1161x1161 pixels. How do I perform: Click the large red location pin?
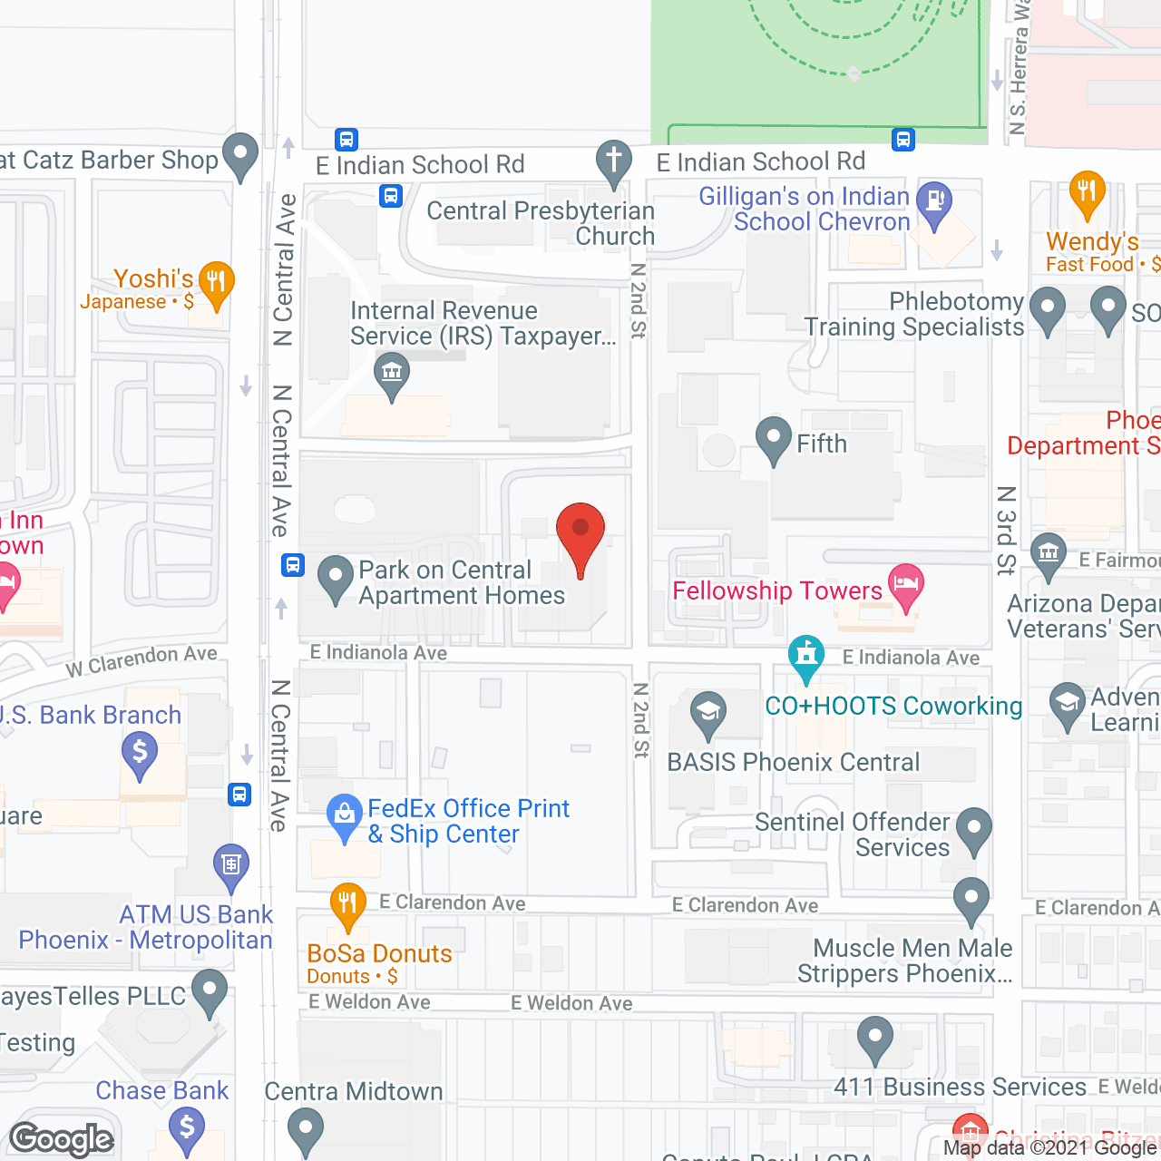point(580,535)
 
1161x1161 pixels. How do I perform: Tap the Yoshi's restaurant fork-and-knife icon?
point(216,282)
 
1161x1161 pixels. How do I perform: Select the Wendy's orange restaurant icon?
point(1087,192)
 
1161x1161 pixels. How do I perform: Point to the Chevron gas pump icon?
point(934,202)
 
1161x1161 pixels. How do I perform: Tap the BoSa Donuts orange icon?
point(347,904)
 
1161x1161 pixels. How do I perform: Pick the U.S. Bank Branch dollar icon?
point(140,754)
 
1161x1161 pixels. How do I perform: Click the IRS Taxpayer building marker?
point(392,374)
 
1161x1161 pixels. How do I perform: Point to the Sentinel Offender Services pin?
point(974,828)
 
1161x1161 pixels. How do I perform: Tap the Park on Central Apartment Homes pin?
point(336,576)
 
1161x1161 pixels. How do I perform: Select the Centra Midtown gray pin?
point(305,1129)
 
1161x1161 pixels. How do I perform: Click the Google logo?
point(62,1139)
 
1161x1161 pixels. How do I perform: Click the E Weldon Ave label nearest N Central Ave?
point(369,1002)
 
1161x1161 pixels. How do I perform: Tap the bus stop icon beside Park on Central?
point(292,564)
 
